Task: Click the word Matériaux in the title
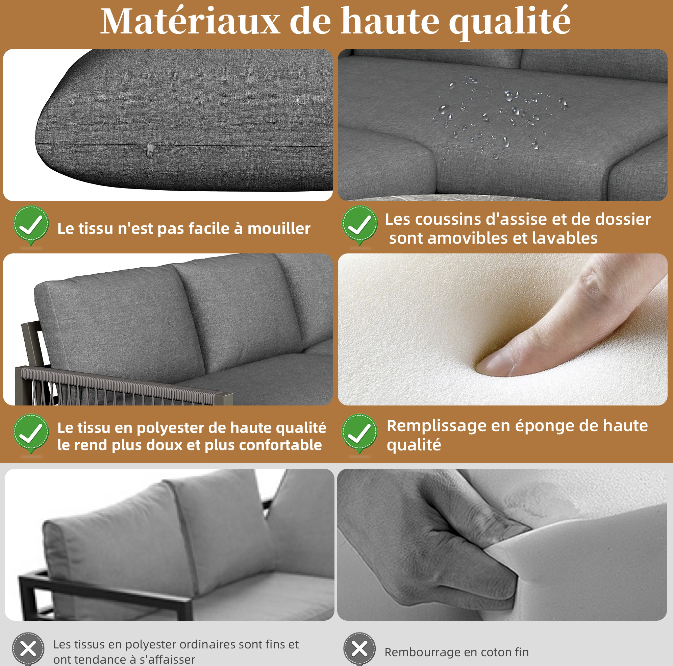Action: pyautogui.click(x=190, y=21)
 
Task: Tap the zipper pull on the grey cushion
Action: pyautogui.click(x=149, y=151)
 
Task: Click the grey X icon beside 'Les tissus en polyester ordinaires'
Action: pyautogui.click(x=28, y=648)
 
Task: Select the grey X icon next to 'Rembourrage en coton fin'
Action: pyautogui.click(x=359, y=648)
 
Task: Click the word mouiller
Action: pyautogui.click(x=279, y=228)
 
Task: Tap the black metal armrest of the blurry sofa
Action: pyautogui.click(x=104, y=592)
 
